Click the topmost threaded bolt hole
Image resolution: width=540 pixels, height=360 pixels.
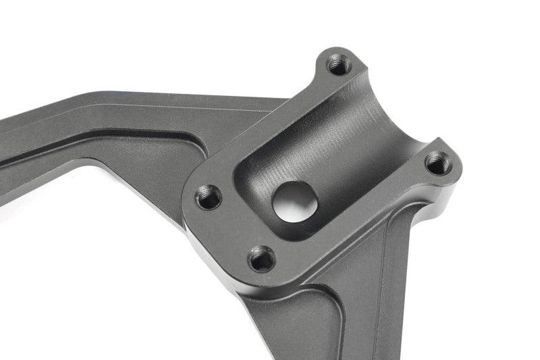tap(337, 66)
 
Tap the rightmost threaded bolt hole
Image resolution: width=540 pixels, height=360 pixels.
tap(439, 162)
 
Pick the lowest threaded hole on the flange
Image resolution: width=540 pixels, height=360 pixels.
tap(261, 259)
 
